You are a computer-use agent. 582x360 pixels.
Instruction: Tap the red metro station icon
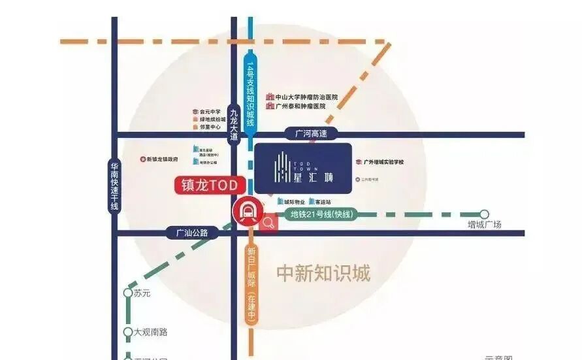[248, 211]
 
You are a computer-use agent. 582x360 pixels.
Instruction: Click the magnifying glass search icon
[268, 223]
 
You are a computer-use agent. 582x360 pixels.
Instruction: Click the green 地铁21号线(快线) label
[321, 214]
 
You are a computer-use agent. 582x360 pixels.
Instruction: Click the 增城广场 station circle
[484, 214]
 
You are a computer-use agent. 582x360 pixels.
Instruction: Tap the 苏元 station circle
[128, 293]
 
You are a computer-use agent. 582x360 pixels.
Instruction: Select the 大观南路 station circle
[128, 332]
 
